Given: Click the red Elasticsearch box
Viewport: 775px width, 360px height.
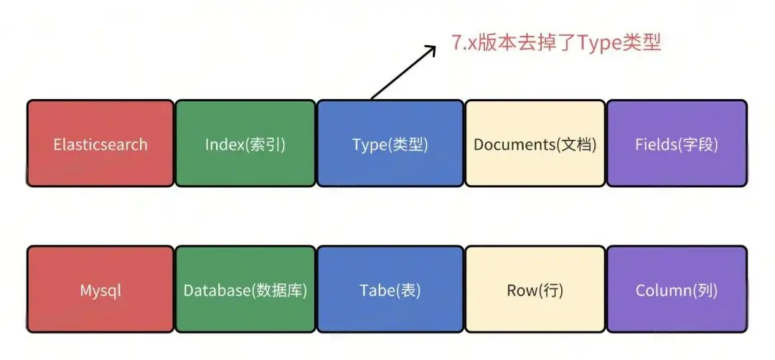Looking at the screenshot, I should point(100,144).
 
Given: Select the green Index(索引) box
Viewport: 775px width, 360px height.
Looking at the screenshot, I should point(245,144).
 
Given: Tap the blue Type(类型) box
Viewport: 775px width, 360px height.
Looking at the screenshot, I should point(390,144).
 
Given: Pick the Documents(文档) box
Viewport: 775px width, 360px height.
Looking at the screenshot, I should point(535,144).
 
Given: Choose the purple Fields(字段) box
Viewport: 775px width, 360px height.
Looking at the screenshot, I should point(677,144).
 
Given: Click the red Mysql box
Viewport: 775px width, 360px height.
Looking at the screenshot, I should point(100,290).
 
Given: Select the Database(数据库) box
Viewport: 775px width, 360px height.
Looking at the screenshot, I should point(245,290).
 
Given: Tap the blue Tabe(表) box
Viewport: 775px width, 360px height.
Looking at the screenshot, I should point(390,290).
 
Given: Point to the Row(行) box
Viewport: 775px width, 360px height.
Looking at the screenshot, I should point(535,290).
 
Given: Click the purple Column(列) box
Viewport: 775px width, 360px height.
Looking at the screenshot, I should point(677,290).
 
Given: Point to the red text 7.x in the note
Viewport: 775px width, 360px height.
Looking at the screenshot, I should point(464,42).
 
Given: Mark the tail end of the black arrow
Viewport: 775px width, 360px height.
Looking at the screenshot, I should point(372,98).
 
